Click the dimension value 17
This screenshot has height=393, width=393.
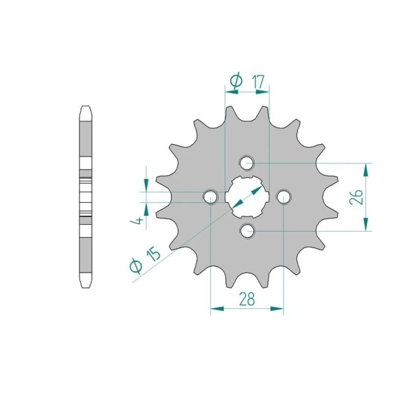259,82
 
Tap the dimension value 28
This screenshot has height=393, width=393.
247,299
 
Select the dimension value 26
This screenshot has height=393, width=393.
356,196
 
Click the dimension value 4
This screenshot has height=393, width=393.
137,221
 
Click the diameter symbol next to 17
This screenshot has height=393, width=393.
236,81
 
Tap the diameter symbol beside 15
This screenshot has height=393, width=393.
136,265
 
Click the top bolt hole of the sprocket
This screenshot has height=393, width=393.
247,163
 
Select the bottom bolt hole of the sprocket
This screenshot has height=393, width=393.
247,230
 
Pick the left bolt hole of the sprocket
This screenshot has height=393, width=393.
210,196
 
